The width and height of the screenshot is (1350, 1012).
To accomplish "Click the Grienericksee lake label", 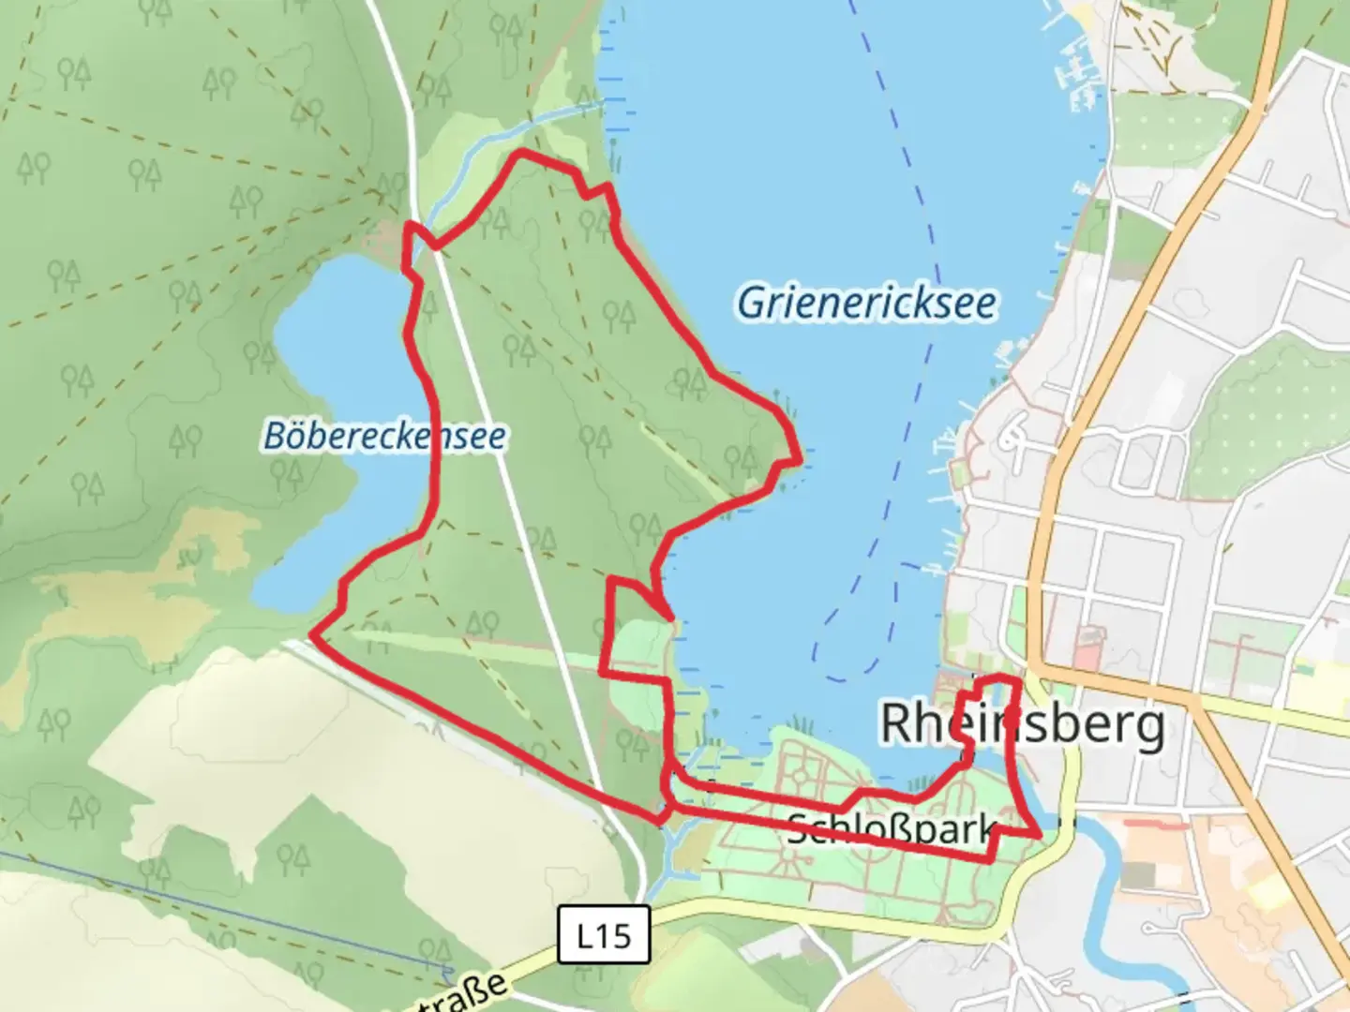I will (866, 304).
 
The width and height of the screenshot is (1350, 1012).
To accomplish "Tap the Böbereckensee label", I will (384, 436).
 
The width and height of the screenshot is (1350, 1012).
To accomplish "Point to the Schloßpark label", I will (891, 828).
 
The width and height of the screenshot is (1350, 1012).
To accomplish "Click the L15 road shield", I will (604, 934).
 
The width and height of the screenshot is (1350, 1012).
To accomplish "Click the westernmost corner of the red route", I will (311, 636).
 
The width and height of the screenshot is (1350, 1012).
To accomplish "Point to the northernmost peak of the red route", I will (521, 151).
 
